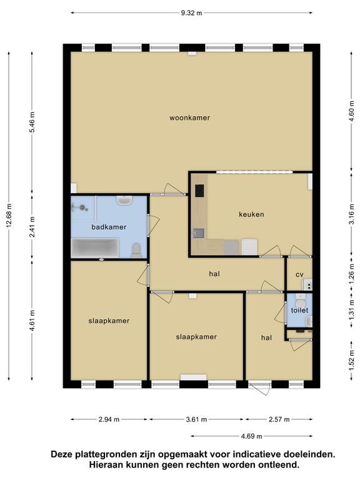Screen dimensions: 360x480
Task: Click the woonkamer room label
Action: (189, 118)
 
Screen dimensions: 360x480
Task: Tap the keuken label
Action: (251, 214)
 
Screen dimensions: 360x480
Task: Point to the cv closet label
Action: (299, 274)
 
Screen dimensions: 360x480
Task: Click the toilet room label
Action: (299, 311)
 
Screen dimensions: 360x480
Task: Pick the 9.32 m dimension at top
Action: (191, 13)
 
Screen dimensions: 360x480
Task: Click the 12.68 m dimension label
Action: (9, 216)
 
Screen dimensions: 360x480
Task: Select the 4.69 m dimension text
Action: (251, 436)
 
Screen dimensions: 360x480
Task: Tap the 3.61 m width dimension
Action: (196, 419)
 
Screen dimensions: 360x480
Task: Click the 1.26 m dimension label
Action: (351, 274)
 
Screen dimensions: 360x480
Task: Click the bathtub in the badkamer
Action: (95, 248)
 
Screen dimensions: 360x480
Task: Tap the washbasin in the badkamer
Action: (124, 201)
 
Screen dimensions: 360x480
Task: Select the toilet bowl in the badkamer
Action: (136, 250)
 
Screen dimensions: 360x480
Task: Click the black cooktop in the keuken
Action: (199, 191)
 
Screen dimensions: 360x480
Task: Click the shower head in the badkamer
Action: (82, 207)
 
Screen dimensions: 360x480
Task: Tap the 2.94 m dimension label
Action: (109, 419)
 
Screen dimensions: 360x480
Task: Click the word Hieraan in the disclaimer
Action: (104, 465)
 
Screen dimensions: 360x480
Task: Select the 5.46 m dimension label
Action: (32, 122)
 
